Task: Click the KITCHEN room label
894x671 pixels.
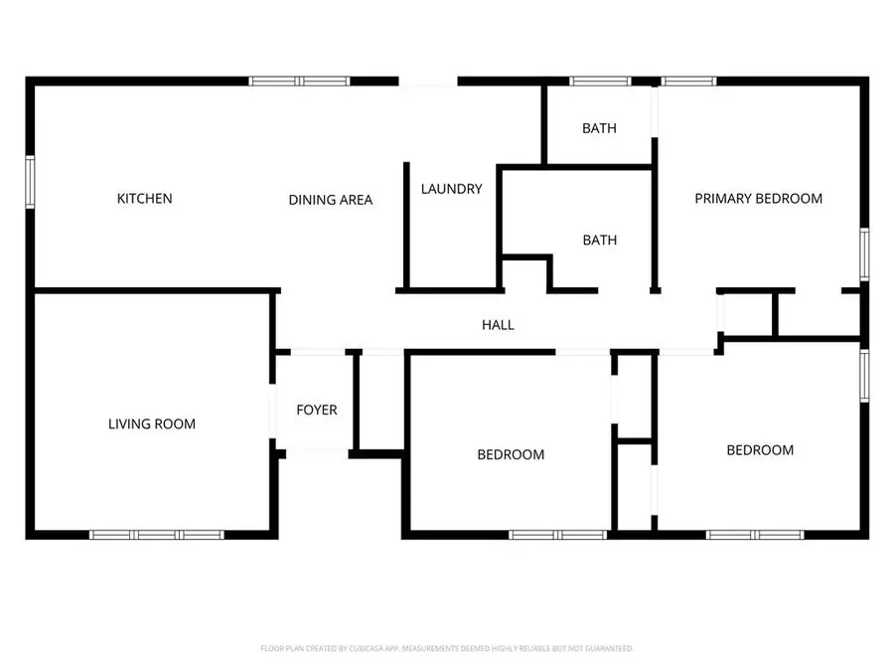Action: tap(144, 199)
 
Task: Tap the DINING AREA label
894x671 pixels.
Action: tap(330, 200)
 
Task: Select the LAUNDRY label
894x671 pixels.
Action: tap(452, 189)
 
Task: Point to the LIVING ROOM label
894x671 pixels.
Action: tap(152, 423)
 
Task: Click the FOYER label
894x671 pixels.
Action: tap(317, 410)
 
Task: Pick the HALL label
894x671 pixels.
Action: tap(498, 325)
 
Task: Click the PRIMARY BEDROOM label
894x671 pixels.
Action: tap(758, 199)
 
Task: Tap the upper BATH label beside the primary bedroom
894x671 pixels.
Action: tap(599, 128)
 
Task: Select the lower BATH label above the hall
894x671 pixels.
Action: tap(600, 241)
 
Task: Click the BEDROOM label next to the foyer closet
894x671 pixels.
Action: tap(511, 454)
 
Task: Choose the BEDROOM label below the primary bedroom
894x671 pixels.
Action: tap(760, 450)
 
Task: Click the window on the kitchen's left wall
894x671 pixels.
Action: tap(30, 182)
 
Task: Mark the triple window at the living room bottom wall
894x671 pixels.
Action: tap(157, 535)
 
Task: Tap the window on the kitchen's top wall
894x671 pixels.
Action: tap(299, 82)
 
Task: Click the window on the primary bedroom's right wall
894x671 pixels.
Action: tap(864, 254)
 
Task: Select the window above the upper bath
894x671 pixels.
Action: tap(600, 82)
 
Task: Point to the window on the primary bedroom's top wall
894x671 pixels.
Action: tap(688, 82)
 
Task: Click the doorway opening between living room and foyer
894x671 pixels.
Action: tap(272, 411)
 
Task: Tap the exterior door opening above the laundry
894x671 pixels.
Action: tap(428, 82)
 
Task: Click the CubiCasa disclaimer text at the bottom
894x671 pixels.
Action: tap(447, 648)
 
